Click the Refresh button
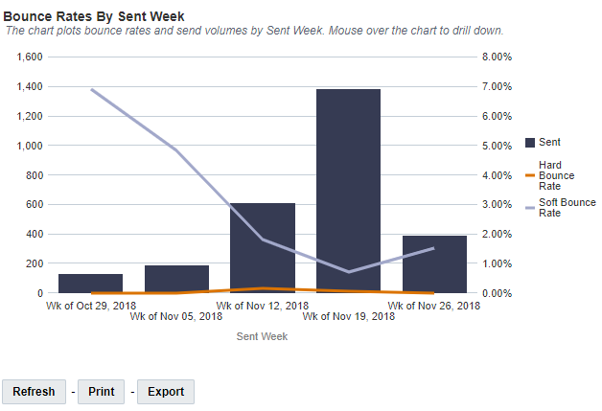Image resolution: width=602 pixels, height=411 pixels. coord(35,391)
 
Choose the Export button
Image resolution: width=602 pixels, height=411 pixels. coord(165,391)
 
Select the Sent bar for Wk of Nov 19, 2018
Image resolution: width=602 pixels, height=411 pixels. coord(348,191)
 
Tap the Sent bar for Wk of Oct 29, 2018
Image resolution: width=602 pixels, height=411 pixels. coord(90,284)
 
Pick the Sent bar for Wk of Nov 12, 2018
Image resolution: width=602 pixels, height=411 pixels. coord(263,247)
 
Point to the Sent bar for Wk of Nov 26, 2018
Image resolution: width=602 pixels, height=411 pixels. coord(434,263)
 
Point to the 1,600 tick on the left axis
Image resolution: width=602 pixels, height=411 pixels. coord(31,57)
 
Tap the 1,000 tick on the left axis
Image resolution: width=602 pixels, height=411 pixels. coord(31,146)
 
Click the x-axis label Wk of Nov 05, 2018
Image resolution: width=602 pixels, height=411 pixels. coord(176,315)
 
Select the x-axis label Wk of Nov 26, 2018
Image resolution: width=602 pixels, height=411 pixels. coord(434,306)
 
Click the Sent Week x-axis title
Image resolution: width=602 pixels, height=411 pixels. coord(262,336)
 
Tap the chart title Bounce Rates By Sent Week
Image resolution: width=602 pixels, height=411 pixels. coord(94,16)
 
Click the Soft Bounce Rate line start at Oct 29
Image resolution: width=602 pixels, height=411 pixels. coord(91,89)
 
